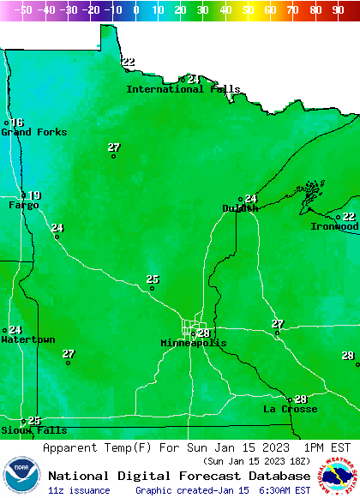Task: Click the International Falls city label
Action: (183, 89)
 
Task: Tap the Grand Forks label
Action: (27, 132)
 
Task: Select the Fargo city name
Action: (23, 206)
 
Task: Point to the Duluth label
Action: (240, 208)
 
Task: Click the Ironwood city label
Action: (333, 226)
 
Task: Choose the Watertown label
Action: (27, 339)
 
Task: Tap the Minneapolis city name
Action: (194, 343)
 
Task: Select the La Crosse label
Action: (290, 409)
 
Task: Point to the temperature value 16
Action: (17, 123)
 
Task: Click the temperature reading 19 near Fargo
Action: (34, 195)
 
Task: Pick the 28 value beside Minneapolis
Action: (204, 333)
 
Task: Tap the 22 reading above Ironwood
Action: (349, 217)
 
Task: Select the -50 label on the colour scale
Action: (24, 9)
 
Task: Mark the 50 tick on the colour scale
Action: (248, 9)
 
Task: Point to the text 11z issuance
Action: (79, 490)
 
